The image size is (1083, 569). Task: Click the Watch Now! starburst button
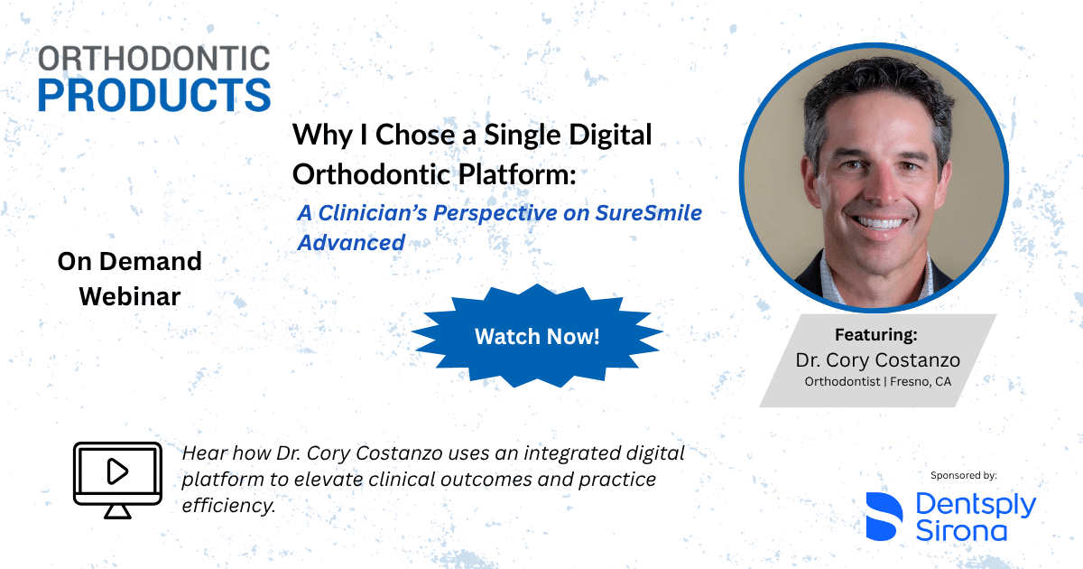tap(537, 336)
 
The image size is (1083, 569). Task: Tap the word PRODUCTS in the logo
tap(154, 95)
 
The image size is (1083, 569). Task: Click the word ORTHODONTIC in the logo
tap(153, 59)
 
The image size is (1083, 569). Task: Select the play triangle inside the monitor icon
tap(117, 471)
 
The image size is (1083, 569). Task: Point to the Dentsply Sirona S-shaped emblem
tap(884, 517)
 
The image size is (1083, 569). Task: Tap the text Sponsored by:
tap(964, 476)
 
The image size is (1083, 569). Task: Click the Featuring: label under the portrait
tap(876, 334)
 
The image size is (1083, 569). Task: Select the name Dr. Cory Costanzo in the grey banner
tap(877, 360)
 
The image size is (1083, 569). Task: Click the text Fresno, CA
tap(921, 382)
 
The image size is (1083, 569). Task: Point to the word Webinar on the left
tap(130, 296)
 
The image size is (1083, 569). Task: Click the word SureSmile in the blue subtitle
tap(648, 213)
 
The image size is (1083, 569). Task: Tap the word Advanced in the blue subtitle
tap(351, 242)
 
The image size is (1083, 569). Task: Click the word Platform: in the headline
tap(517, 174)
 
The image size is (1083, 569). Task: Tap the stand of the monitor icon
tap(117, 511)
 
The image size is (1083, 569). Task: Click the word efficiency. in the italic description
tap(228, 506)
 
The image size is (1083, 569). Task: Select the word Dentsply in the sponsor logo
tap(976, 506)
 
